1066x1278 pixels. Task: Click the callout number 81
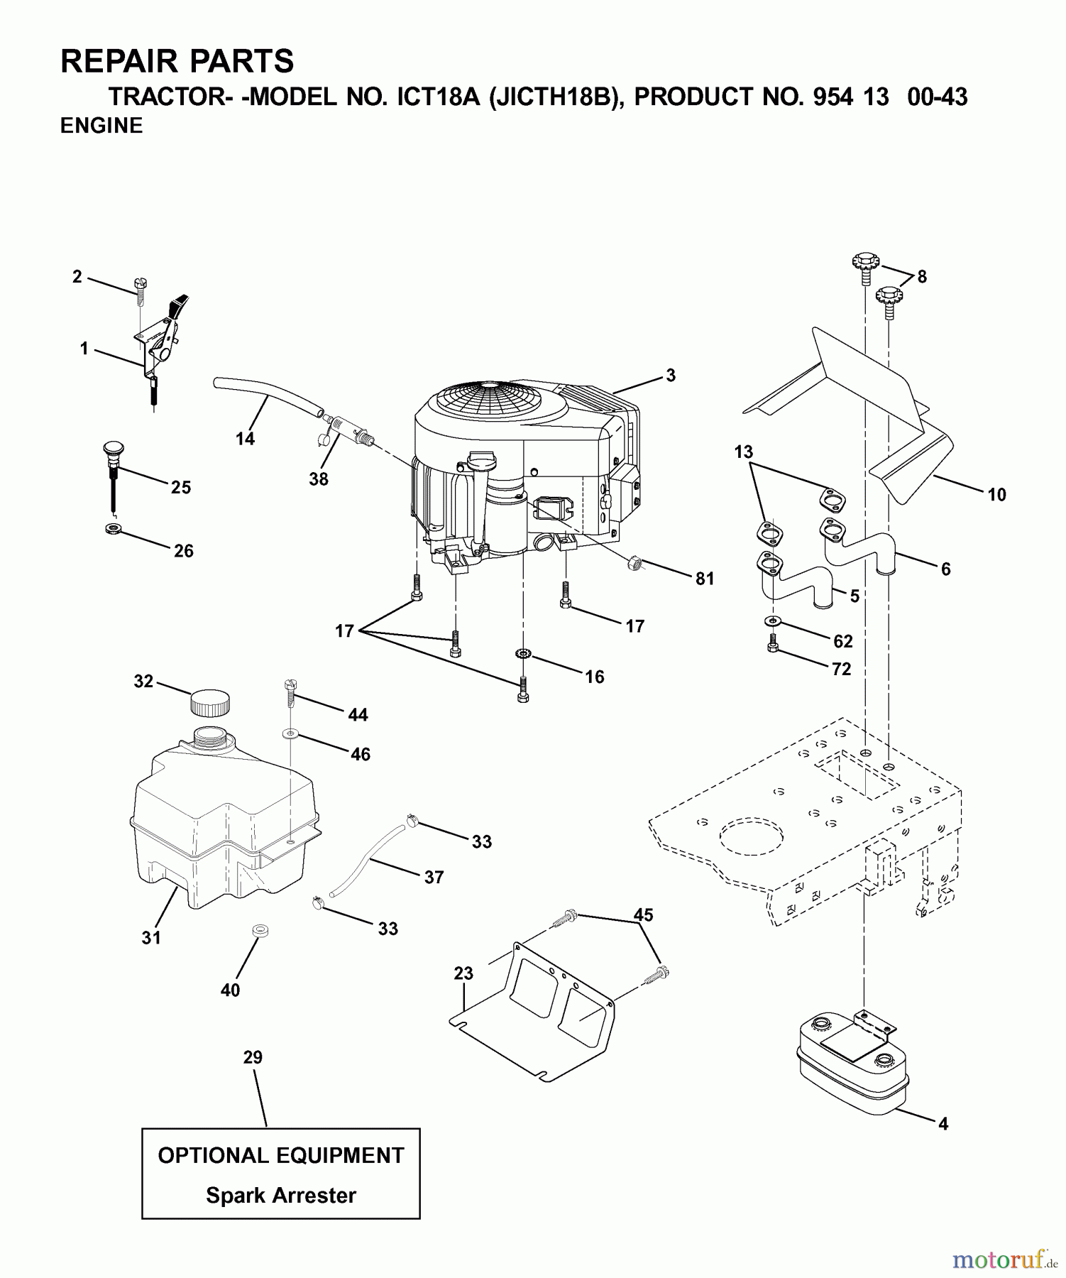tap(704, 579)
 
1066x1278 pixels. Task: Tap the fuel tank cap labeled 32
tap(209, 703)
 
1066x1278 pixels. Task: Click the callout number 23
tap(463, 973)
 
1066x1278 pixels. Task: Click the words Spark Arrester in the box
tap(281, 1196)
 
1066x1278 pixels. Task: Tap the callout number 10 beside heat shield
tap(996, 495)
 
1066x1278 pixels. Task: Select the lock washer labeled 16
tap(524, 653)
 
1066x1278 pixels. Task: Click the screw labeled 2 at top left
tap(140, 286)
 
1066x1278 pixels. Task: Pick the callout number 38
tap(319, 479)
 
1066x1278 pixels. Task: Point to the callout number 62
tap(842, 641)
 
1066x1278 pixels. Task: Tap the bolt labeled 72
tap(774, 645)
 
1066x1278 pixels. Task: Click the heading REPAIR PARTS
tap(177, 61)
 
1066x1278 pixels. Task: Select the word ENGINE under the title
tap(101, 126)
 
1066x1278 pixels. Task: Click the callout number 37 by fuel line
tap(434, 878)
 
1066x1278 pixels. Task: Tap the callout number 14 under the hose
tap(245, 439)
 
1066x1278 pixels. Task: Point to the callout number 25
tap(181, 487)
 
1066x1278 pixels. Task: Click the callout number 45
tap(643, 914)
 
